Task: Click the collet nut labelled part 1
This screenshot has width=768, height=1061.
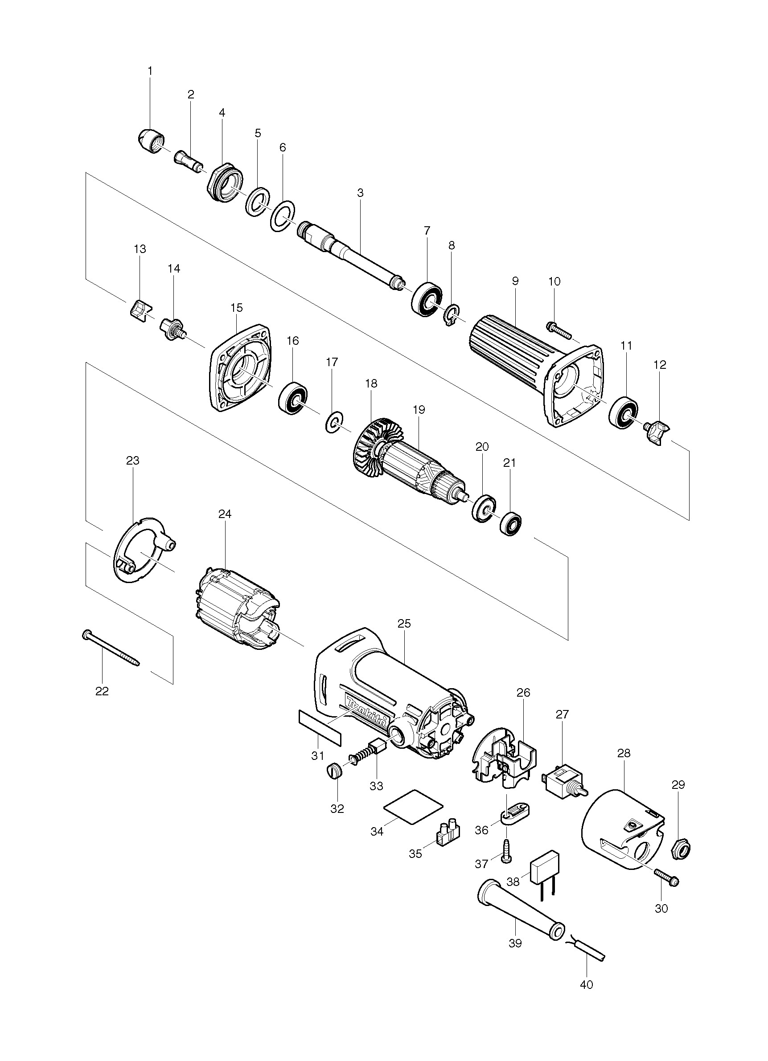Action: click(151, 141)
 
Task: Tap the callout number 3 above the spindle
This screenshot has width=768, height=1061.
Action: click(360, 193)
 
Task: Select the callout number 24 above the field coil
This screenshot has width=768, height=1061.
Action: click(225, 514)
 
